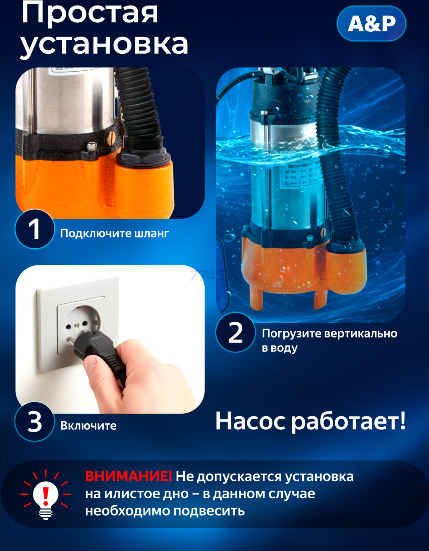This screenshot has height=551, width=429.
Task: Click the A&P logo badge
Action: pos(371,24)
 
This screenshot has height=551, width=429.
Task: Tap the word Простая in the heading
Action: pos(90,13)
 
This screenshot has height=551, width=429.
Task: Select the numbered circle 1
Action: pos(34,229)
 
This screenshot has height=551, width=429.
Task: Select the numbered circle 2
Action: pos(236,333)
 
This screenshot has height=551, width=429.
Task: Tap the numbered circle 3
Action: pos(34,422)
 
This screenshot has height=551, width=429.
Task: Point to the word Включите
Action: pos(88,426)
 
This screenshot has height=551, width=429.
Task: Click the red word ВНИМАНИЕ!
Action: pos(128,476)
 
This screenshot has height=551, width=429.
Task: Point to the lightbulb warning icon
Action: pos(45,495)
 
